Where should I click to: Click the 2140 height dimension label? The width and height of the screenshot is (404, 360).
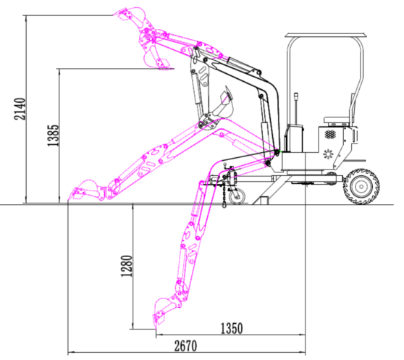(x=20, y=109)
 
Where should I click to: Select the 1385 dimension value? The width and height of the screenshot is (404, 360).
(x=53, y=135)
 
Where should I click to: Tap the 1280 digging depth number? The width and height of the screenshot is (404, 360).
(x=127, y=266)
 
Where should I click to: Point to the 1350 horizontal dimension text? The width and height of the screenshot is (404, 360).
(x=232, y=328)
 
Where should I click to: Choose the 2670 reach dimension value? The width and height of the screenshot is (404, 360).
(x=185, y=346)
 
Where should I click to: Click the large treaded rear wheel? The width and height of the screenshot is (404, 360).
(x=361, y=187)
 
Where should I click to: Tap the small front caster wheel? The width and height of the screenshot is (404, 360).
(x=237, y=196)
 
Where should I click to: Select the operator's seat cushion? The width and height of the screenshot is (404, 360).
(x=337, y=120)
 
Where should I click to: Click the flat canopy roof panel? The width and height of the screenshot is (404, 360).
(x=325, y=35)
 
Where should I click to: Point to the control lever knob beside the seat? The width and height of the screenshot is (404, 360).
(x=296, y=96)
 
